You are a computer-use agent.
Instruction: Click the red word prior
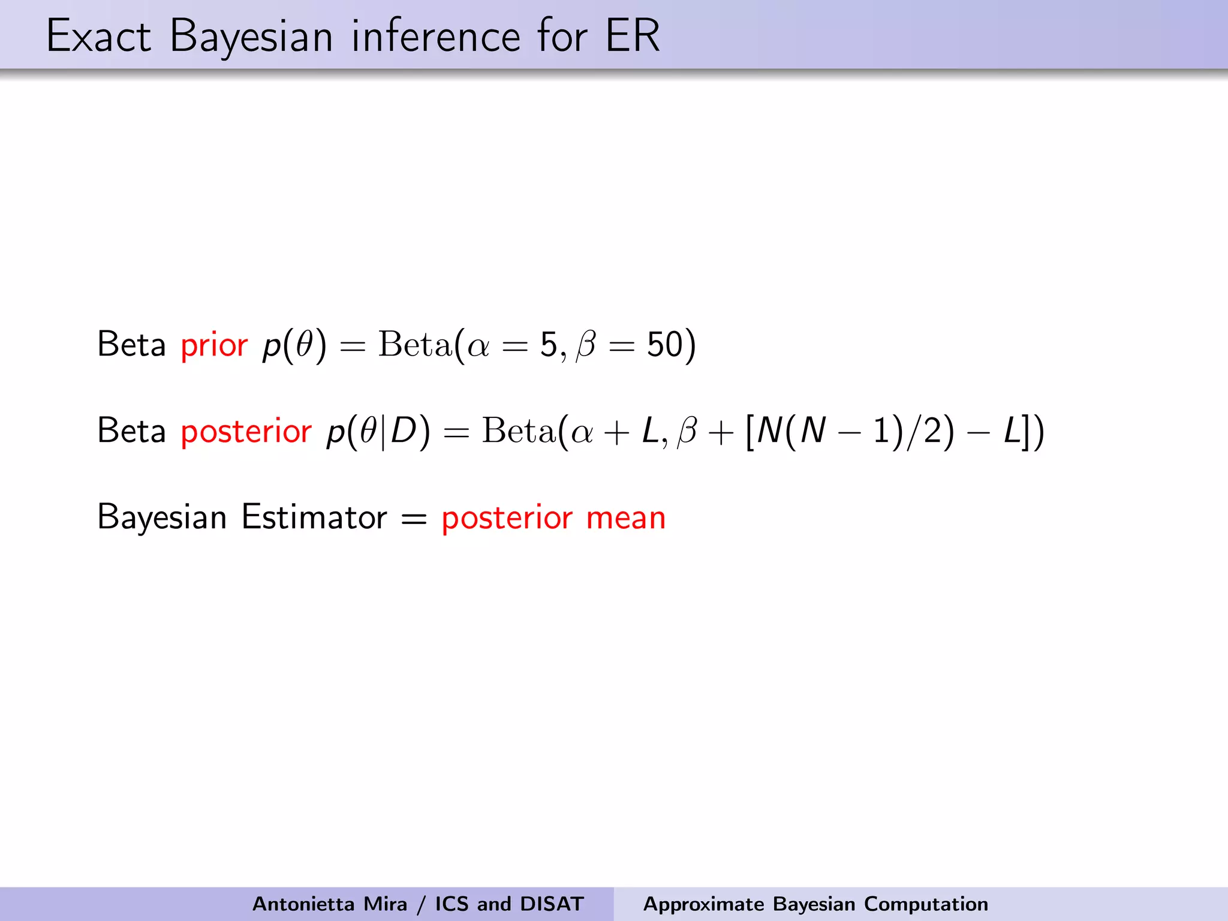(214, 346)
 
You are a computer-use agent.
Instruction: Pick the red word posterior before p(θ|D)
(246, 432)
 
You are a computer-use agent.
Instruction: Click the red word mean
(625, 518)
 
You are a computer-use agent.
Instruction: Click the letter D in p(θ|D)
(404, 431)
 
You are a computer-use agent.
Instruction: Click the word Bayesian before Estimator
(162, 518)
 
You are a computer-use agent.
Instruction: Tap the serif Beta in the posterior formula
(519, 431)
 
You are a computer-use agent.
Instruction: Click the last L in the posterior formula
(1012, 431)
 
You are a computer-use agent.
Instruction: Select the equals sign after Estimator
(414, 519)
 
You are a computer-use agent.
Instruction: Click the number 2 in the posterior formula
(932, 431)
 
